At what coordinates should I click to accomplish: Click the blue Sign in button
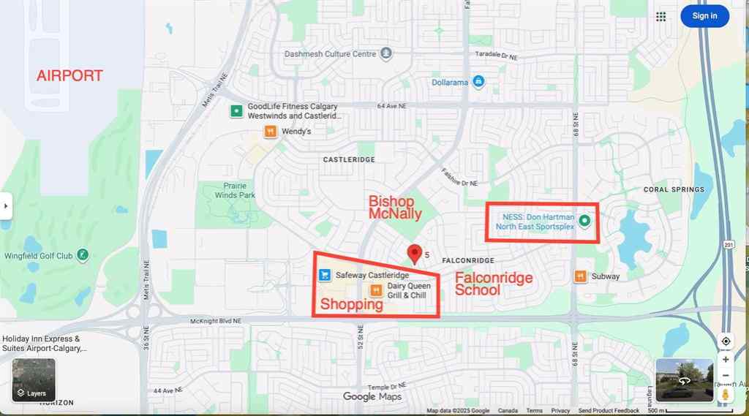(x=704, y=16)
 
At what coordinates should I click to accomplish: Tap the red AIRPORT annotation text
(x=70, y=75)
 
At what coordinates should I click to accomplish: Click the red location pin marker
(x=415, y=253)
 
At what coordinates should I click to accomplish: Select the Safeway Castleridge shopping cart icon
(x=324, y=276)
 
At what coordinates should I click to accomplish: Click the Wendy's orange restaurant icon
(x=270, y=132)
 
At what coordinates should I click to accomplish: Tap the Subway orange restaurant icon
(x=580, y=276)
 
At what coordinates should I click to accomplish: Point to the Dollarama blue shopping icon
(x=478, y=82)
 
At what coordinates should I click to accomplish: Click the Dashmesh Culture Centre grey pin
(x=386, y=53)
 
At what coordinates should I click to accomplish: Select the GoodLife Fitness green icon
(x=236, y=111)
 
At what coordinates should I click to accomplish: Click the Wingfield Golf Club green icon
(x=83, y=256)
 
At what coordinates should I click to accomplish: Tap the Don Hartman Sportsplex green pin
(x=584, y=221)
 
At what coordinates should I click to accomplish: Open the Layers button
(x=33, y=381)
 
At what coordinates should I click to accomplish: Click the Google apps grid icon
(x=661, y=16)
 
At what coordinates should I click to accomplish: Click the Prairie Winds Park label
(x=236, y=191)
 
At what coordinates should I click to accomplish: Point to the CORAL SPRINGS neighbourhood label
(x=674, y=189)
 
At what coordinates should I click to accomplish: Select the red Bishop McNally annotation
(x=395, y=207)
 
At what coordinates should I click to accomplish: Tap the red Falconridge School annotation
(x=494, y=284)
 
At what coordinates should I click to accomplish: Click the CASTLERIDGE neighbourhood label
(x=349, y=159)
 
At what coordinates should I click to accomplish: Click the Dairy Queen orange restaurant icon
(x=375, y=290)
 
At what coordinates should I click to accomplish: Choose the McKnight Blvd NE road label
(x=215, y=322)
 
